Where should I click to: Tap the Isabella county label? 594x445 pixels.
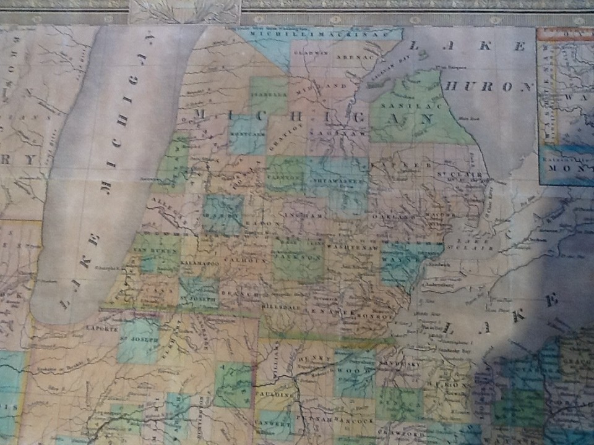click(269, 95)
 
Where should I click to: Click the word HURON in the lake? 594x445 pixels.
click(488, 87)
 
